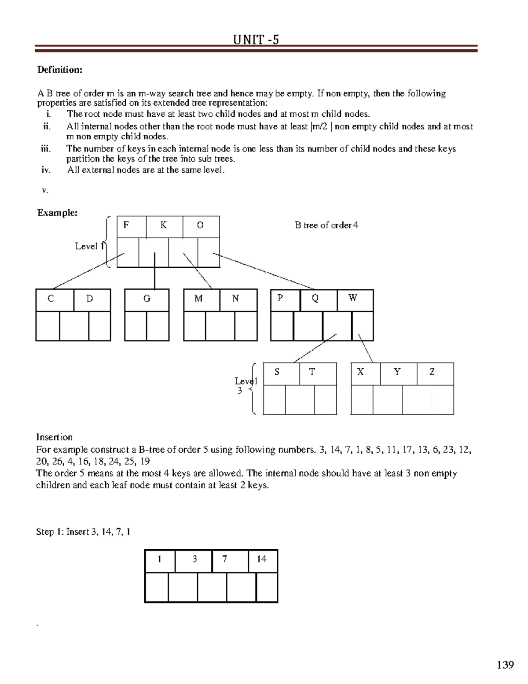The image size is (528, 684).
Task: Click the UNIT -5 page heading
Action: (256, 40)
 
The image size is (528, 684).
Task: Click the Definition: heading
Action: (60, 70)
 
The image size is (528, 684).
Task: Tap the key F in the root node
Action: (126, 226)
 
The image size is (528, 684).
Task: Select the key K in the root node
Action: (163, 226)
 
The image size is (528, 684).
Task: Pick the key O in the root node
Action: (200, 226)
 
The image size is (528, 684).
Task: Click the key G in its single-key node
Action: (147, 299)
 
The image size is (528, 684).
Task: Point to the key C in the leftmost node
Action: (51, 299)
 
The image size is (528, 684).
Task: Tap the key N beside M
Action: (235, 299)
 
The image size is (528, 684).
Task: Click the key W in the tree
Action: (353, 298)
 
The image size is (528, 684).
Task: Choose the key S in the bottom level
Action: (277, 372)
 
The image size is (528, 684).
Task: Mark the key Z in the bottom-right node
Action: (432, 372)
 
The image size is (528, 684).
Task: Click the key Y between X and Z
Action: (397, 372)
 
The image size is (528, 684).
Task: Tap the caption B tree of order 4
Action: (326, 226)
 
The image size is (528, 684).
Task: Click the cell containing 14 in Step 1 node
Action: (262, 559)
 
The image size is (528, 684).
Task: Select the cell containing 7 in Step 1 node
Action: (225, 559)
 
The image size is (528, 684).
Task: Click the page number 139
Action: (505, 665)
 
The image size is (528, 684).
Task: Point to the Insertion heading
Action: (54, 437)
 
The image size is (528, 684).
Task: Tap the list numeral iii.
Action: (45, 149)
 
